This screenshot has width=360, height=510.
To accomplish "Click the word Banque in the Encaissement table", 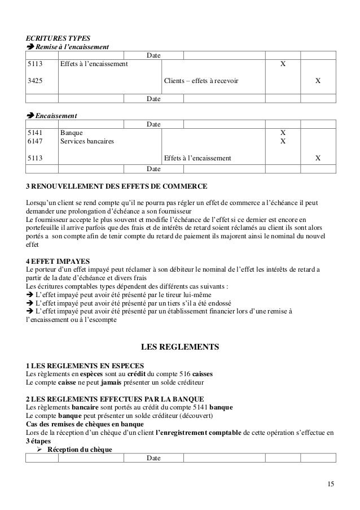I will pos(71,132).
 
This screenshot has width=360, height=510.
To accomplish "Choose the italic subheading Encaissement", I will pos(56,115).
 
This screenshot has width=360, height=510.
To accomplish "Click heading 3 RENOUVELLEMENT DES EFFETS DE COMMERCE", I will pos(116,186).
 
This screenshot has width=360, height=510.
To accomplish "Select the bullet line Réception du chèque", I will pos(79,450).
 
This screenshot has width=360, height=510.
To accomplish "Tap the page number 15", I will pos(330,485).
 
